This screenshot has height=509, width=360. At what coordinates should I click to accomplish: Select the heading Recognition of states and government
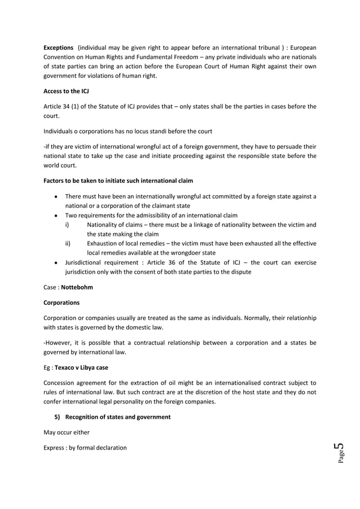(118, 416)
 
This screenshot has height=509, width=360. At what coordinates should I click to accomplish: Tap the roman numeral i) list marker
(67, 225)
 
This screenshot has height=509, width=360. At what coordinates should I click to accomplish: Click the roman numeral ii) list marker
(68, 244)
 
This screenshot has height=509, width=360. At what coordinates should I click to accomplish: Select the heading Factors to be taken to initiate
(118, 181)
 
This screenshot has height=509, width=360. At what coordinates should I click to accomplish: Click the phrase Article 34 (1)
(64, 106)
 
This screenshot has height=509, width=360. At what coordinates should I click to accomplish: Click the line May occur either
(66, 432)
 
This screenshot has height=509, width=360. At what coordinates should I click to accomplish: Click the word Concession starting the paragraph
(62, 383)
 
